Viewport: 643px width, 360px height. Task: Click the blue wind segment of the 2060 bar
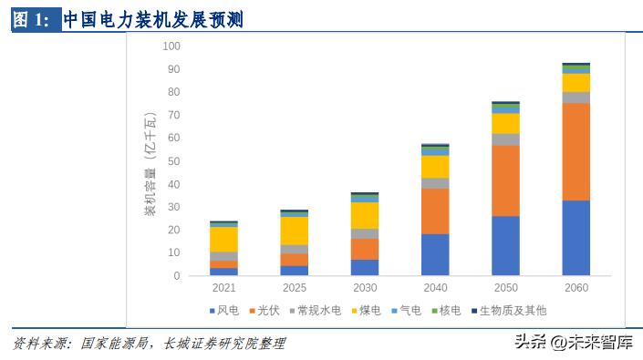coord(576,238)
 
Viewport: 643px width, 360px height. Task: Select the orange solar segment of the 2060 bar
coord(576,151)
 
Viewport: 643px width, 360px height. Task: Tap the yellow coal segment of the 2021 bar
coord(223,239)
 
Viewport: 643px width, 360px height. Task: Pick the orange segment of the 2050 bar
coord(505,180)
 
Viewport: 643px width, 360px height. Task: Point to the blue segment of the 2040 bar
coord(435,255)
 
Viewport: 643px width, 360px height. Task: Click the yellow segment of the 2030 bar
coord(365,215)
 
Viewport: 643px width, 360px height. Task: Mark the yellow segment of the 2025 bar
coord(294,231)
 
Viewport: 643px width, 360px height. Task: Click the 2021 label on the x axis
coord(223,288)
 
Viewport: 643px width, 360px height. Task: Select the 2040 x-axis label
coord(435,288)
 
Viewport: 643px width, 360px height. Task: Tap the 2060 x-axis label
coord(576,288)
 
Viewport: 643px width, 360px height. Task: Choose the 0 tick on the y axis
coord(178,276)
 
